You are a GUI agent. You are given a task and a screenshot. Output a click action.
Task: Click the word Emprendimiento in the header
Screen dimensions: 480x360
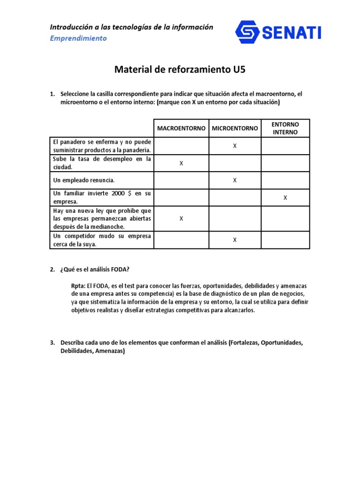78,38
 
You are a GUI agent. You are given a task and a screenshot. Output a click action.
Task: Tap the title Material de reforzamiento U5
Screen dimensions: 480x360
180,70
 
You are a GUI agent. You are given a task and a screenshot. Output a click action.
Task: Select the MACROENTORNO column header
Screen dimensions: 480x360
181,128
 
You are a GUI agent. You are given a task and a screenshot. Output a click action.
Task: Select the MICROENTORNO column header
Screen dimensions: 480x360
235,128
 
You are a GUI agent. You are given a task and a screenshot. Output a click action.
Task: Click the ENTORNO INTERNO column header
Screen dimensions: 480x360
285,128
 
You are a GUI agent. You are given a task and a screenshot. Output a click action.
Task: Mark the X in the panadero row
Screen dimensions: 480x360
235,146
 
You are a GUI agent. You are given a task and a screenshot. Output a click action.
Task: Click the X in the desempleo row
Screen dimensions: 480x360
181,163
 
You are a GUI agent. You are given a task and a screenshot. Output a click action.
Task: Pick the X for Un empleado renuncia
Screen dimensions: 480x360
235,180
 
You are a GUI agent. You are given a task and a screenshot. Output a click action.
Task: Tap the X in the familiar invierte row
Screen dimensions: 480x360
285,198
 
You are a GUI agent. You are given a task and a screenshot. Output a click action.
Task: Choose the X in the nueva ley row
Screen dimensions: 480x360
181,218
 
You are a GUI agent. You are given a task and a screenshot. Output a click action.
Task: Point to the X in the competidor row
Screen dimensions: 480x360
235,240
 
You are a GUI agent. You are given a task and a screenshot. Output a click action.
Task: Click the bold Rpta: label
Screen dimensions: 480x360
78,285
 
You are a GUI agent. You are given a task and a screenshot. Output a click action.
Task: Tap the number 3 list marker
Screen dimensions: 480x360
52,343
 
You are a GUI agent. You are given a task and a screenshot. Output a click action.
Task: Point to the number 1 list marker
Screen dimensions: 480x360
52,94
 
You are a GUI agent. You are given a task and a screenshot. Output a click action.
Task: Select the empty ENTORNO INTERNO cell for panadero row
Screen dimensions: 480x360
285,146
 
